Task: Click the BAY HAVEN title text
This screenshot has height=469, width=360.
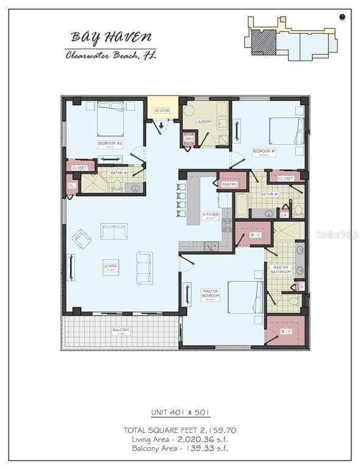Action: tap(111, 37)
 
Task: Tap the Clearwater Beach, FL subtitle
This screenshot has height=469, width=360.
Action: tap(111, 56)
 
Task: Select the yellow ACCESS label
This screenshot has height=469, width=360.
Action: tap(162, 111)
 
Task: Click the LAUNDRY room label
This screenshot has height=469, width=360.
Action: tap(204, 122)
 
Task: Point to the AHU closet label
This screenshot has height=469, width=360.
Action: tap(189, 139)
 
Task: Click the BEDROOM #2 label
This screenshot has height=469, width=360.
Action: tap(110, 144)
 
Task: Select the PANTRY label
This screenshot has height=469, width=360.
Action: tap(229, 184)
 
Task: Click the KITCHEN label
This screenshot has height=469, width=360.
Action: tap(211, 215)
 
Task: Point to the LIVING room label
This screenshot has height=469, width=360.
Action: tap(110, 266)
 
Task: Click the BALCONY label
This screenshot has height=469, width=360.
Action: tap(121, 330)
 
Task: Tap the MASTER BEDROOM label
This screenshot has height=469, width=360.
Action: tap(211, 294)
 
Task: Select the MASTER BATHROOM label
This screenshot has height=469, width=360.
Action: tap(281, 269)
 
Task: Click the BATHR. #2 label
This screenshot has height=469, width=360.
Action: tap(118, 173)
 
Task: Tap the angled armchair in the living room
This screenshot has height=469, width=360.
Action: tap(81, 238)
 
